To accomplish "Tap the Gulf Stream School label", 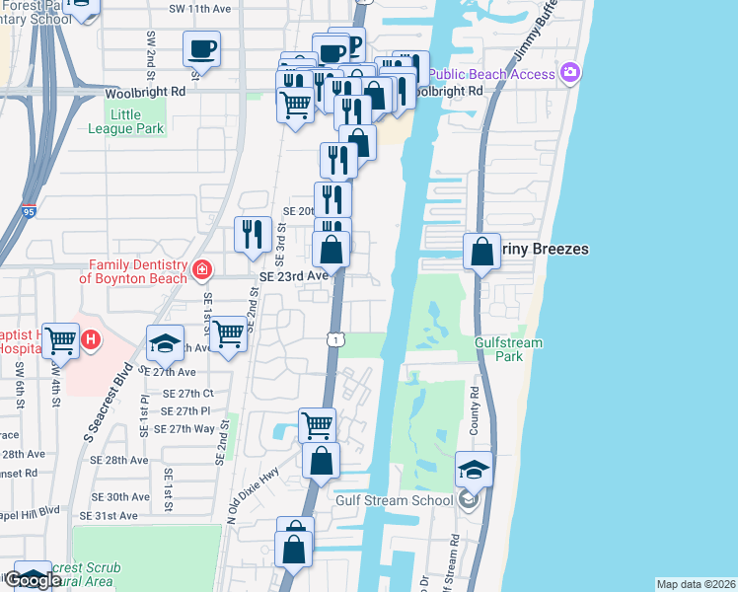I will point(394,500).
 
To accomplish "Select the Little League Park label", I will point(137,121).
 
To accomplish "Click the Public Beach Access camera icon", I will point(570,73).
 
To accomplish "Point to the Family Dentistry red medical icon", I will point(201,269).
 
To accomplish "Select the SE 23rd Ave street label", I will point(293,276).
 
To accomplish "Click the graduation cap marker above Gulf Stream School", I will point(475,469).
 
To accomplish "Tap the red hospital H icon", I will point(91,340).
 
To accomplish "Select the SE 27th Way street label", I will point(178,428).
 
